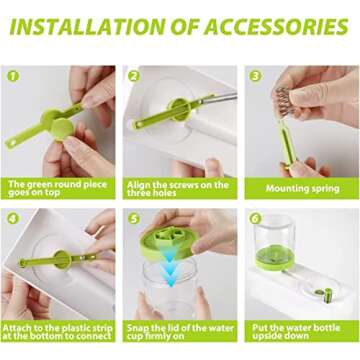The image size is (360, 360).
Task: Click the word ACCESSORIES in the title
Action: (x=276, y=27)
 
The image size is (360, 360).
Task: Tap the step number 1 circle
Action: (x=13, y=76)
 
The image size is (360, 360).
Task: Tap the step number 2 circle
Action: (x=134, y=76)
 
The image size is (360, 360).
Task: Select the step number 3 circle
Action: (x=255, y=76)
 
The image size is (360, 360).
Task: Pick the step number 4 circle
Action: (x=13, y=218)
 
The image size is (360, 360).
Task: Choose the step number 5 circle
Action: (x=134, y=218)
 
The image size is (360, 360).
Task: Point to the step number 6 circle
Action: (x=255, y=218)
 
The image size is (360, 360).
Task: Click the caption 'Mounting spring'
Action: (x=302, y=189)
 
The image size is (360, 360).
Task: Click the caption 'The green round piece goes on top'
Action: (x=58, y=188)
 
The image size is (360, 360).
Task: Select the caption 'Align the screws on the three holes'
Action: (x=177, y=188)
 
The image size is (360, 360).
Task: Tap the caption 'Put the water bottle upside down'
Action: (x=296, y=331)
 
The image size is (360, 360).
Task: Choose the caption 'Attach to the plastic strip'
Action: (x=58, y=331)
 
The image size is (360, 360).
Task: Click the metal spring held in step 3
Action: (x=283, y=102)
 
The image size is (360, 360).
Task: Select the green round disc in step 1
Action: (x=63, y=129)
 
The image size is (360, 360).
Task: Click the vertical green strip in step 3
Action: (x=287, y=143)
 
